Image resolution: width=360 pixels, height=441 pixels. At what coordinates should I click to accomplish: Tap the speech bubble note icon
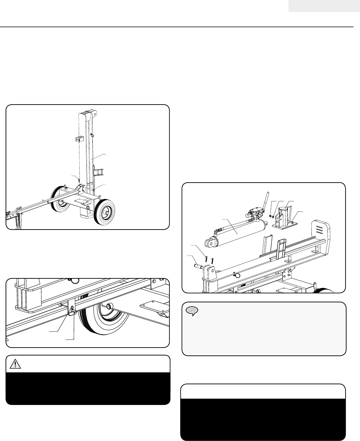click(x=191, y=311)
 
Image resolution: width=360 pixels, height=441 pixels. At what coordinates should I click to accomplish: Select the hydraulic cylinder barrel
click(x=236, y=233)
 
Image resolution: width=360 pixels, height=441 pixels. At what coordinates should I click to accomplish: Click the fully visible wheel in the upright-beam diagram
click(x=105, y=212)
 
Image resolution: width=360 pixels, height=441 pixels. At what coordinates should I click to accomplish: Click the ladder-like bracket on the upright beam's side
click(x=98, y=172)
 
